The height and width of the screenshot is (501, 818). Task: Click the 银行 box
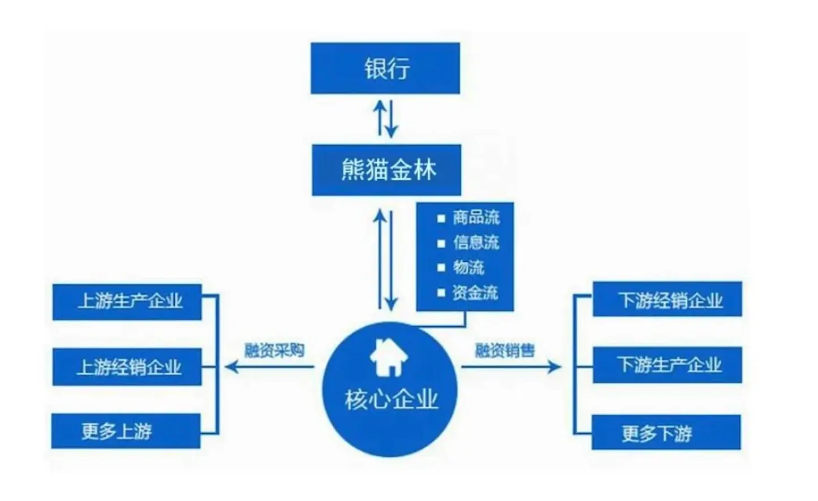pos(385,68)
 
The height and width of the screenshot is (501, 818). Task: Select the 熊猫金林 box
pos(386,170)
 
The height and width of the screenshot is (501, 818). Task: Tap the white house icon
pos(389,357)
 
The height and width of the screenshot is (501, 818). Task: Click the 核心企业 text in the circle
pos(391,399)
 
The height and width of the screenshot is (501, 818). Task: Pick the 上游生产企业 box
pos(127,302)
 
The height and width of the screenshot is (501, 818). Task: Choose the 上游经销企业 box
pos(127,367)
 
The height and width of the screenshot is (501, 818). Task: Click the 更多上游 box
pos(126,431)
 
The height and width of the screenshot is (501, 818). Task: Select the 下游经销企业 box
pos(667,299)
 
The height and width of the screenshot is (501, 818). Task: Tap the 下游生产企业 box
pos(667,365)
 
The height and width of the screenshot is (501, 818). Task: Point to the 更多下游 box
pos(666,433)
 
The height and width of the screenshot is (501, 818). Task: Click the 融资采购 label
pos(274,351)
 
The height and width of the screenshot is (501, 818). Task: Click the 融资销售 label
pos(505,351)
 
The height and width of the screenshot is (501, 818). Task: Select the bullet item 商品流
pos(476,218)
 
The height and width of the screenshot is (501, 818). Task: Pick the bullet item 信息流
pos(476,243)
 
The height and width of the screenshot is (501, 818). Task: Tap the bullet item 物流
pos(468,267)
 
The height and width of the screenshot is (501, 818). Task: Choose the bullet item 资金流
pos(475,292)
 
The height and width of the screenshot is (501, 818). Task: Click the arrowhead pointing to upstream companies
pos(230,367)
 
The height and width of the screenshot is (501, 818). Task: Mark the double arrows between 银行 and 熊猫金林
pos(386,119)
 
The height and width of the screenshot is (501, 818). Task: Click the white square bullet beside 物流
pos(441,267)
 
